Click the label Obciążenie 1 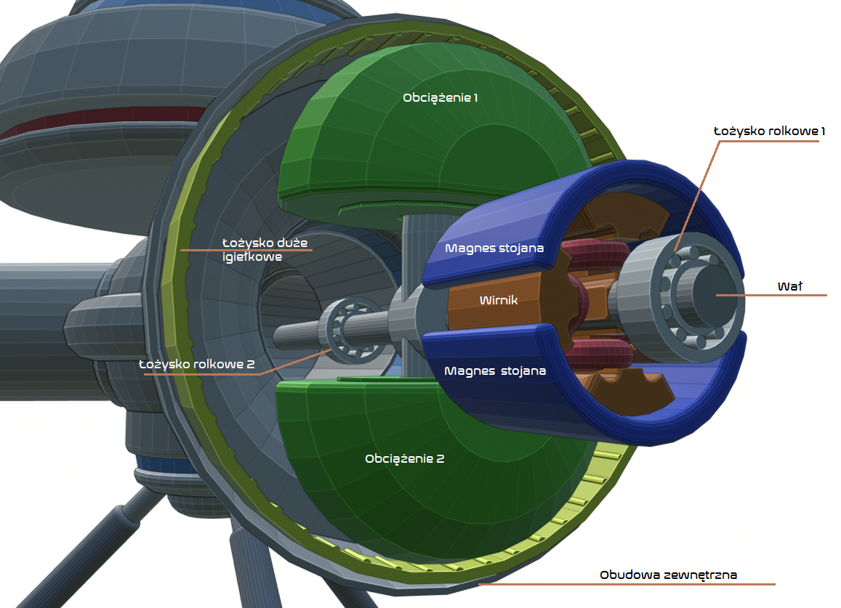click(440, 97)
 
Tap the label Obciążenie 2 click(404, 458)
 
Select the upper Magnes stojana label click(494, 248)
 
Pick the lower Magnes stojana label click(495, 370)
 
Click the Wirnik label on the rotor click(499, 300)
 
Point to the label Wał click(790, 286)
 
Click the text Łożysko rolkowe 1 click(768, 131)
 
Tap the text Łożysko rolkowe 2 click(196, 364)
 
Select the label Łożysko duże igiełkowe click(265, 249)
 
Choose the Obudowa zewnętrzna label click(668, 575)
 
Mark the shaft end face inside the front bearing click(713, 293)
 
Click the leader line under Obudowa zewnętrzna click(627, 584)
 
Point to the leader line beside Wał click(771, 295)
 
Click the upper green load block click(435, 129)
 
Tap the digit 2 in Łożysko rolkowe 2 click(251, 365)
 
